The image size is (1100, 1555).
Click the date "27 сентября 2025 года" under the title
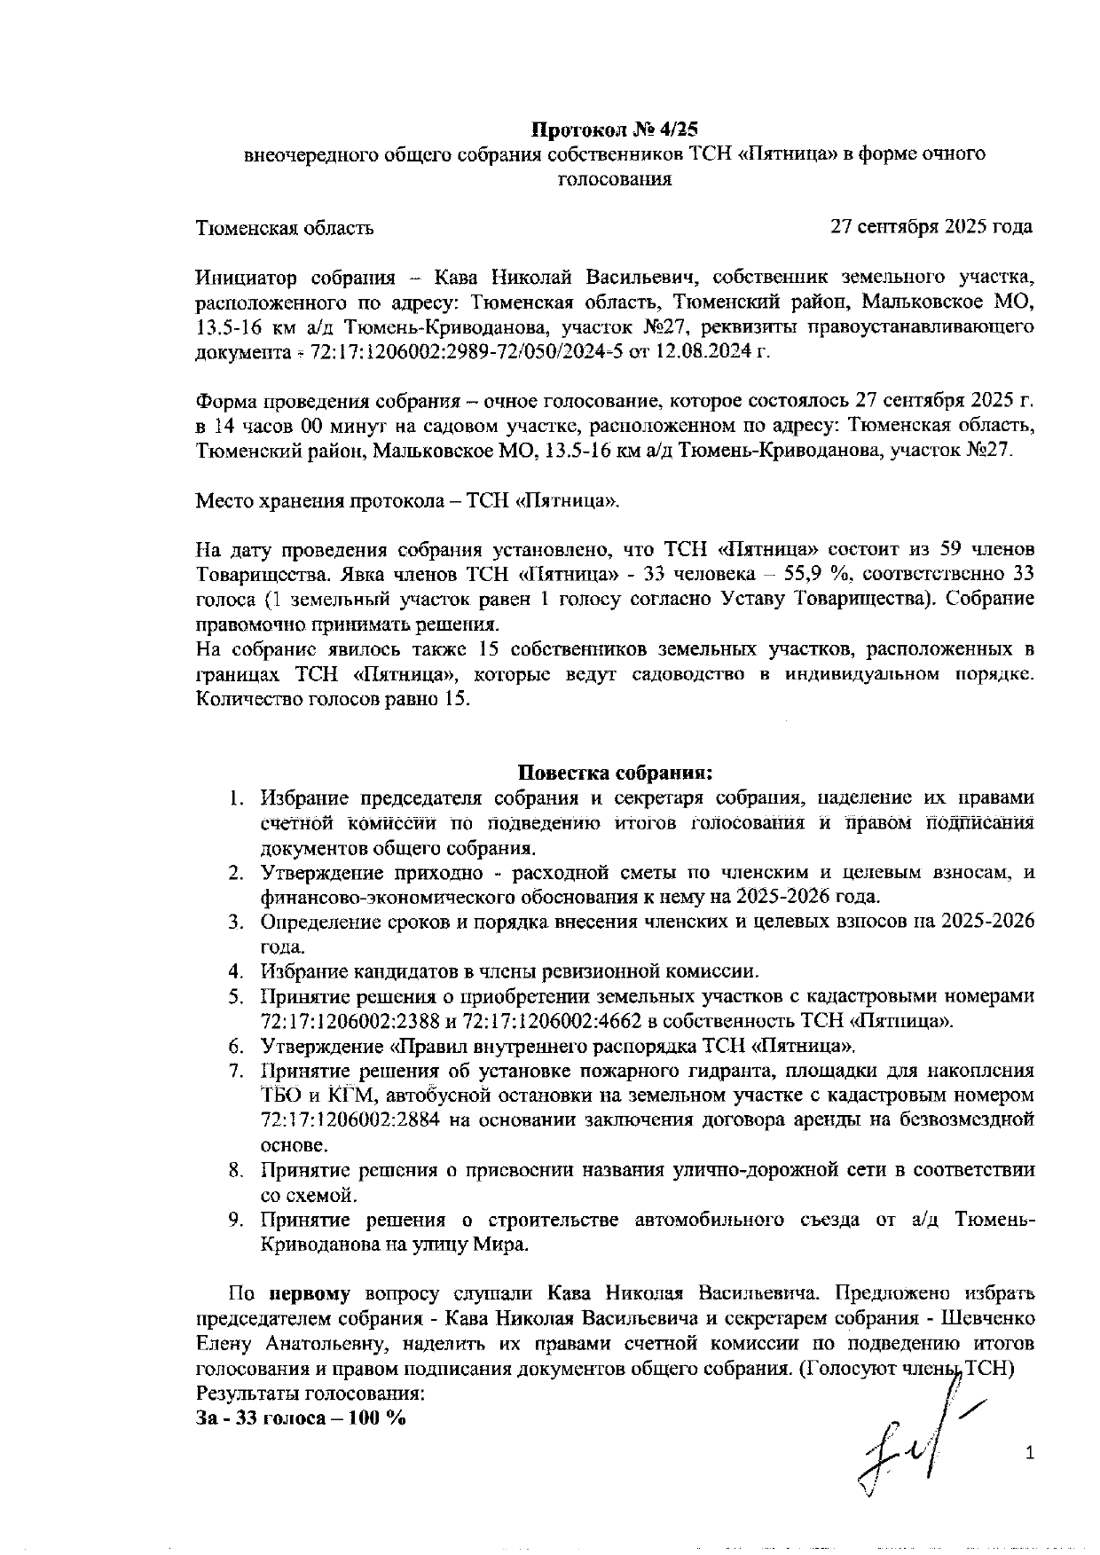pyautogui.click(x=931, y=227)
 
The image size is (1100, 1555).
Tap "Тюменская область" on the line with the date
pyautogui.click(x=284, y=228)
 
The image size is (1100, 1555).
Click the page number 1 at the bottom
pyautogui.click(x=1030, y=1453)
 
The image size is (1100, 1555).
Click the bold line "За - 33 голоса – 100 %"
pyautogui.click(x=301, y=1417)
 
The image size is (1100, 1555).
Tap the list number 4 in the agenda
pyautogui.click(x=235, y=971)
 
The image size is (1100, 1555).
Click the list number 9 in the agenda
pyautogui.click(x=235, y=1220)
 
